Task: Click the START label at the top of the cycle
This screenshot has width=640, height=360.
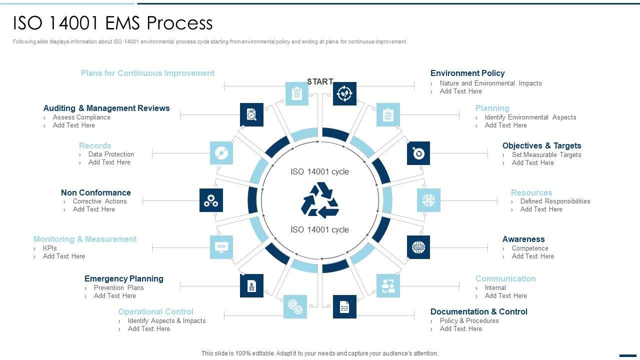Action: coord(320,81)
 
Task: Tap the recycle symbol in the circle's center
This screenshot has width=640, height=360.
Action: coord(320,200)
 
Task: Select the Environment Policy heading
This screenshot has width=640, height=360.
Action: coord(467,73)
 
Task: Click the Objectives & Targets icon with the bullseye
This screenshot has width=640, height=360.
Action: coord(418,153)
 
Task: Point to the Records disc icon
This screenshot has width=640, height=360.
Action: coord(221,153)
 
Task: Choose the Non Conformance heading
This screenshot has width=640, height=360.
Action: coord(96,192)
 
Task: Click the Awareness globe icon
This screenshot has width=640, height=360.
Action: coord(418,247)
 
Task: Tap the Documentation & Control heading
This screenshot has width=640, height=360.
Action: coord(478,311)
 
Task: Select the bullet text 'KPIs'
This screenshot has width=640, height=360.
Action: coord(50,248)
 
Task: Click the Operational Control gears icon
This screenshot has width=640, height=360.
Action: coord(295,306)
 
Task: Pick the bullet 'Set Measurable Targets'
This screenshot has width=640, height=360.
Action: coord(546,154)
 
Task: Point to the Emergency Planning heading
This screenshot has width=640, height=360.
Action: coord(124,278)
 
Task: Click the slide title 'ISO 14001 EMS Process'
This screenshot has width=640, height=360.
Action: coord(113,23)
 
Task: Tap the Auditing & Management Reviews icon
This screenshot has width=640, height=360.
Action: coord(251,114)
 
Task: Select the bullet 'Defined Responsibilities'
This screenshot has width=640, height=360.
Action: coord(555,201)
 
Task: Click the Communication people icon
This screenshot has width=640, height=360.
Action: coord(388,285)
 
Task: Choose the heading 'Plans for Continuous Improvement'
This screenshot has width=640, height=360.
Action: coord(147,73)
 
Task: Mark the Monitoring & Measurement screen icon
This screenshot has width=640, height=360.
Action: coord(221,247)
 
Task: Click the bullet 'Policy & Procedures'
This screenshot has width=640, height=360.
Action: coord(469,320)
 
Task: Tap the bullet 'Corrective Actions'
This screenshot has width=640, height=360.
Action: coord(100,201)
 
